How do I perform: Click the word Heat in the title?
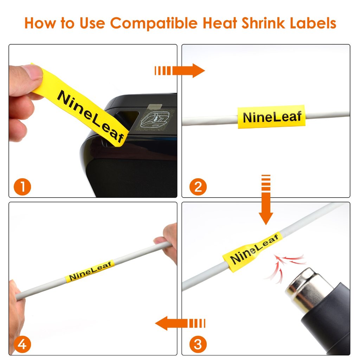click(x=220, y=23)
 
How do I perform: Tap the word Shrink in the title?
click(x=264, y=23)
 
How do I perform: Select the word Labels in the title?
click(x=313, y=23)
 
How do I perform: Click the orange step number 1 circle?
click(x=22, y=187)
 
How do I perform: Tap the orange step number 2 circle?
click(x=198, y=187)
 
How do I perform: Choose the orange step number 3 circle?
click(x=198, y=345)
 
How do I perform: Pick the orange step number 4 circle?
click(x=22, y=345)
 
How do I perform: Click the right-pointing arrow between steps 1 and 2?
click(x=180, y=70)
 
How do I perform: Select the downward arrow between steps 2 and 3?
click(x=266, y=200)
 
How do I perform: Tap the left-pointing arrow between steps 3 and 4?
click(x=180, y=323)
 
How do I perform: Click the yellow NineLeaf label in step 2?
click(x=271, y=117)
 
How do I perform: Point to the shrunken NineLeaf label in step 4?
click(x=90, y=271)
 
